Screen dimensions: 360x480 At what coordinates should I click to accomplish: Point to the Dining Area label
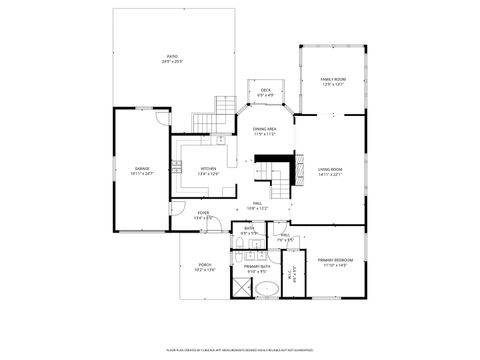[x=265, y=129]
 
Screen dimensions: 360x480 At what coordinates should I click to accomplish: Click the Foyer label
[x=203, y=213]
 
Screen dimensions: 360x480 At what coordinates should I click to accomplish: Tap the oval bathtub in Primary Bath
[x=266, y=290]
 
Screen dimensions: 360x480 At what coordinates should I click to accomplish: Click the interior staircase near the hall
[x=279, y=180]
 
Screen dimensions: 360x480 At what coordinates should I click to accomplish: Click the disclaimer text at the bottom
[x=240, y=350]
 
